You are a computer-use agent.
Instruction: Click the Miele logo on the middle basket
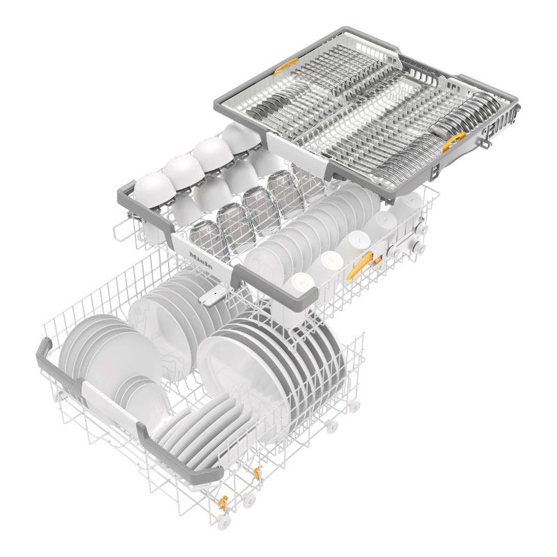coord(201,260)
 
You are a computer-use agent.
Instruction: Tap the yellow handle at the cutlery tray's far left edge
coord(285,66)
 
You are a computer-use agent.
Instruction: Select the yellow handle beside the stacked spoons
coord(454,141)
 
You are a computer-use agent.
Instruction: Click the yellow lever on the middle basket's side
coord(361,264)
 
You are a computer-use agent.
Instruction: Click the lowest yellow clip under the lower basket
coord(223,503)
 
